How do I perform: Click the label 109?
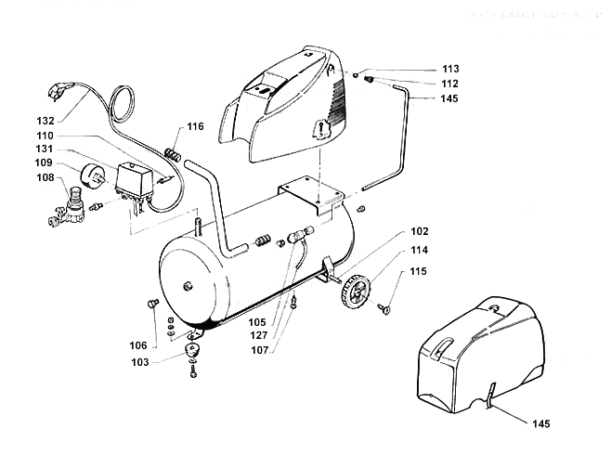click(x=46, y=162)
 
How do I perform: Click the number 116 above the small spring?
click(x=195, y=126)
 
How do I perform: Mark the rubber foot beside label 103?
click(x=196, y=351)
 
